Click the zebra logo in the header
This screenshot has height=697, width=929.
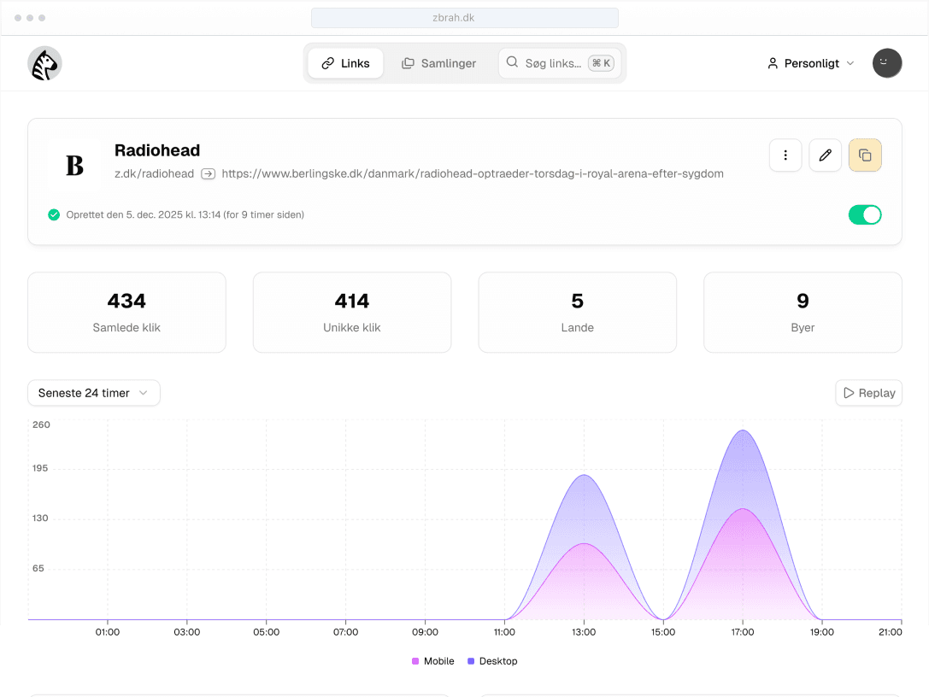[x=44, y=64]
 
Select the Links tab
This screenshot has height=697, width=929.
[x=345, y=63]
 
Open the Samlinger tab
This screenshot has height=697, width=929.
[x=438, y=63]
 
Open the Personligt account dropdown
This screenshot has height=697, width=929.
[x=810, y=63]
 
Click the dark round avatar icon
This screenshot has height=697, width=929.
[x=887, y=63]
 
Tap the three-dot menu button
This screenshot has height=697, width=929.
[x=785, y=155]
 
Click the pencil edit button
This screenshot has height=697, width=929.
[x=825, y=155]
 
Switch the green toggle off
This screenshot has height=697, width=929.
[x=864, y=215]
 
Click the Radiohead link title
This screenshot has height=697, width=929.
[x=157, y=150]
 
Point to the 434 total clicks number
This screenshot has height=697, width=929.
[x=126, y=301]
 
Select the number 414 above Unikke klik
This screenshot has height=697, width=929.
[x=351, y=301]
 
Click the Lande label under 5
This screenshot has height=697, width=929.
[x=577, y=327]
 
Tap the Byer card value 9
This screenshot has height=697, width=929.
[x=803, y=301]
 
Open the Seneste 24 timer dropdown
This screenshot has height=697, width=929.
[x=93, y=393]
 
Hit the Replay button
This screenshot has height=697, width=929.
[x=868, y=393]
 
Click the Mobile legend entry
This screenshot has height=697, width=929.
[x=433, y=661]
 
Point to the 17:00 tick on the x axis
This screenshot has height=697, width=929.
[x=743, y=632]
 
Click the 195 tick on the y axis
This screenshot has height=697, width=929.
[x=41, y=468]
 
